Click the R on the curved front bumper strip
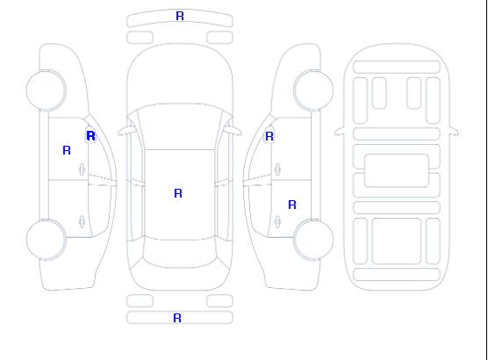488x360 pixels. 180,16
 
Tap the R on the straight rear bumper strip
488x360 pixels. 177,318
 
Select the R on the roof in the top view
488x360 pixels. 178,193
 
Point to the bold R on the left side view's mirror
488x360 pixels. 91,136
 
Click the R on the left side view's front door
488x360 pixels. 67,150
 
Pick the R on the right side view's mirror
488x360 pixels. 269,136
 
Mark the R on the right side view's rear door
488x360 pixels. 292,205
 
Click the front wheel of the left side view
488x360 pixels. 46,90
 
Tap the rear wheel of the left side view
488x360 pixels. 46,240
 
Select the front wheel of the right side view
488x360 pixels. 313,90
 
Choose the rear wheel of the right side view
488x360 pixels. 313,240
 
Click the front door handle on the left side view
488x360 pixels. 83,169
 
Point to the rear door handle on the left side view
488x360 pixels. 83,221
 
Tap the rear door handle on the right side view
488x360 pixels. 277,221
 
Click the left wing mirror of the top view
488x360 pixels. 126,131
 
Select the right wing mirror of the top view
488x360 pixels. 233,131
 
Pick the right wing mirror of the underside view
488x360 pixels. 454,131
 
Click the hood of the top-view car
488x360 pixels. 180,75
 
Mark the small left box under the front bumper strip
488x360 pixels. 140,38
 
